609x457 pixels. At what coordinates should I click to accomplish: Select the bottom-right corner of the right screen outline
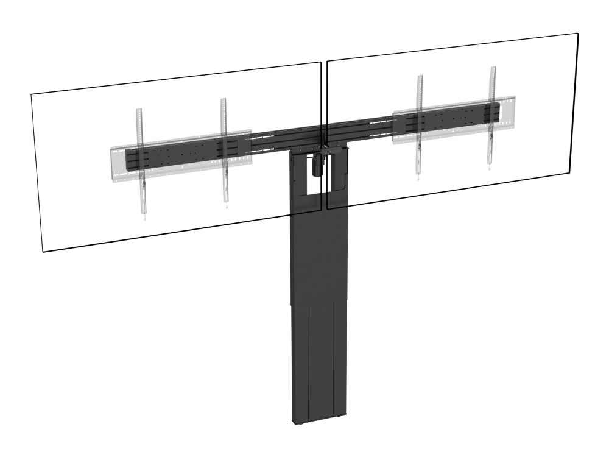pyautogui.click(x=569, y=171)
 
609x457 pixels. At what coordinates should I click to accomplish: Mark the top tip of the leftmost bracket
pyautogui.click(x=138, y=110)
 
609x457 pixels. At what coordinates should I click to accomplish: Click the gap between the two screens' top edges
pyautogui.click(x=325, y=62)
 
